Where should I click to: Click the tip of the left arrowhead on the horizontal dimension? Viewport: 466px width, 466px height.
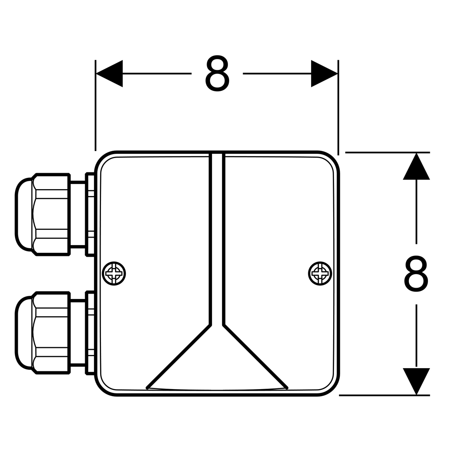(x=96, y=73)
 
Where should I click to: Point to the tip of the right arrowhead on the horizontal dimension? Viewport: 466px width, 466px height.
(x=337, y=73)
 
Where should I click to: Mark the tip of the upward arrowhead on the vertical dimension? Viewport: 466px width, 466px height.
(x=416, y=153)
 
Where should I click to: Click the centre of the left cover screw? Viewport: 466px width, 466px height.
(x=114, y=273)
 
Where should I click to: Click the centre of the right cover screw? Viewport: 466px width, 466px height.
(x=320, y=273)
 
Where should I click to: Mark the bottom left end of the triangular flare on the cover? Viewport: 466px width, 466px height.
(x=147, y=388)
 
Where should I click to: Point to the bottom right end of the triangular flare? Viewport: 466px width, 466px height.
(x=287, y=388)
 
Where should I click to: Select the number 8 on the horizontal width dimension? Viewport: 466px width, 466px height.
(x=217, y=73)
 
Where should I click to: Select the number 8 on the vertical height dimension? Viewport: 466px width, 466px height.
(x=416, y=274)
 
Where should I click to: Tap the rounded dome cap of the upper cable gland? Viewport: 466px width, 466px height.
(x=23, y=214)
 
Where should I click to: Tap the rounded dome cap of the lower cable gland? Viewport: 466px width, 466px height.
(x=23, y=333)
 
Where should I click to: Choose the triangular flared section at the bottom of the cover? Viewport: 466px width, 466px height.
(x=217, y=357)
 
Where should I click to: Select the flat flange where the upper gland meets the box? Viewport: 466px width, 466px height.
(x=90, y=214)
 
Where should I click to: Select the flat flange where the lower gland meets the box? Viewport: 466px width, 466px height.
(x=90, y=333)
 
